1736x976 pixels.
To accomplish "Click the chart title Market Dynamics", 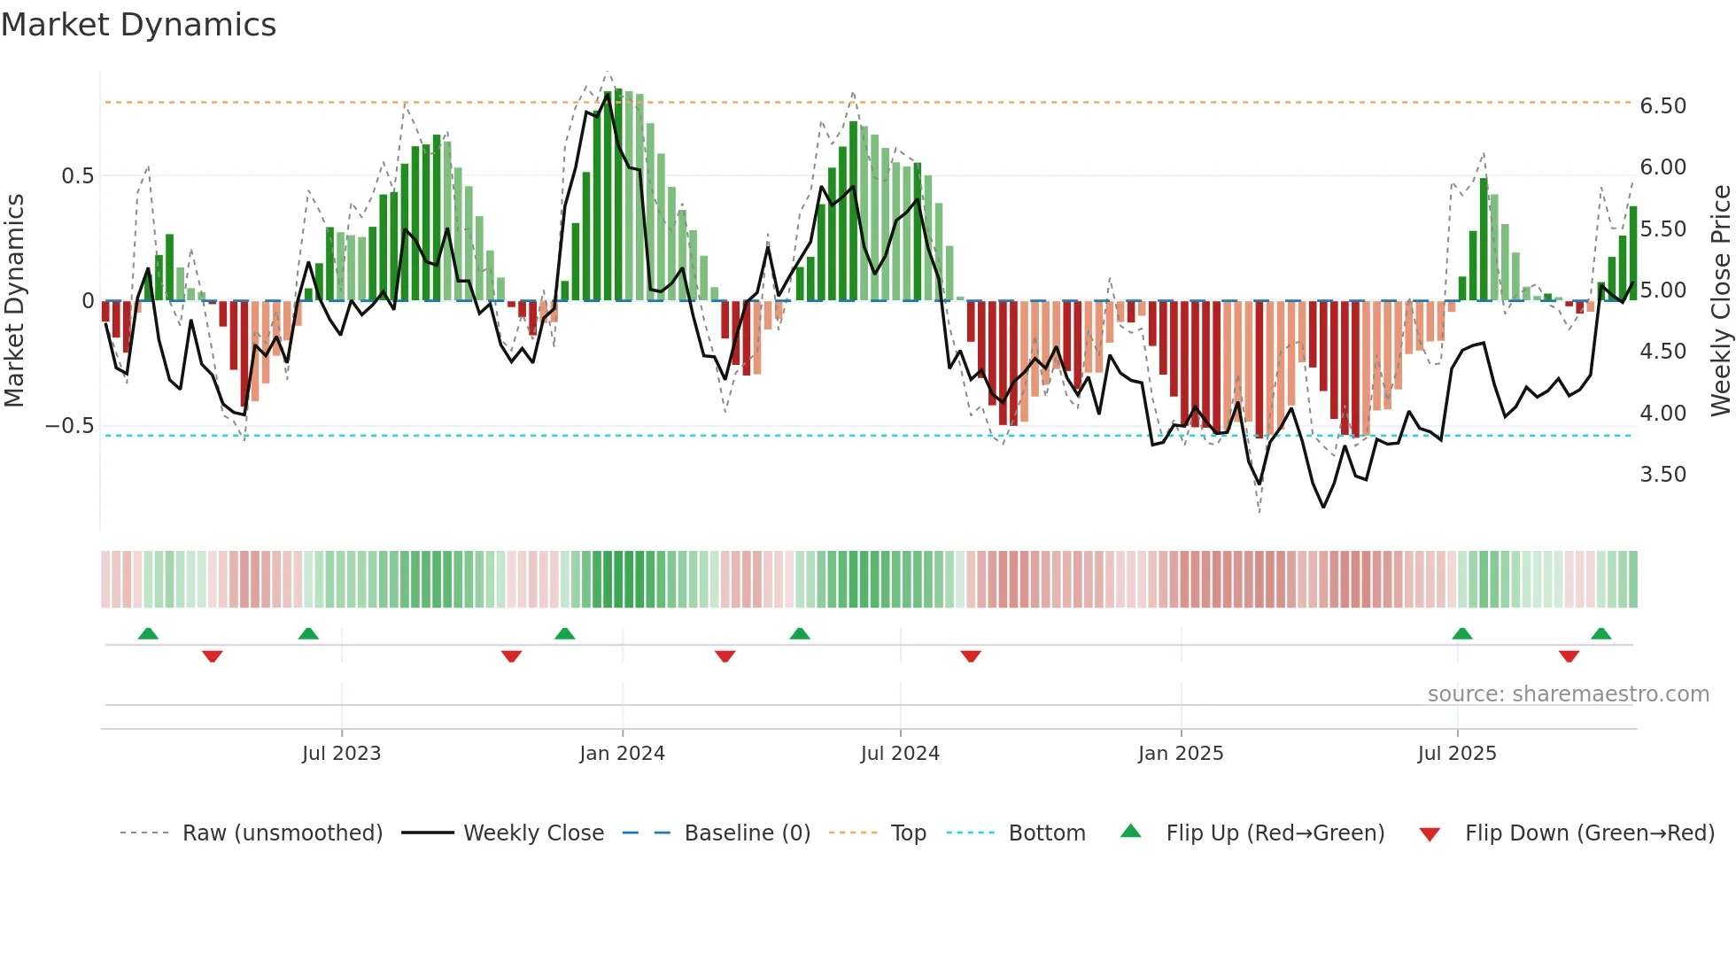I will pos(139,25).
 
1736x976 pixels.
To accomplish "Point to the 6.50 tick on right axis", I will pos(1662,106).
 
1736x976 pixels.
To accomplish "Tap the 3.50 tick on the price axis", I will pos(1662,475).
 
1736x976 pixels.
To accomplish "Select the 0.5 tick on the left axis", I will pos(77,176).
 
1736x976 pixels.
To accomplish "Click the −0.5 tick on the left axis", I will pos(70,426).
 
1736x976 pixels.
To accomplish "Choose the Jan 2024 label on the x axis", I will pos(622,754).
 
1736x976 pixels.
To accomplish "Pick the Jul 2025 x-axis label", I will pos(1456,754).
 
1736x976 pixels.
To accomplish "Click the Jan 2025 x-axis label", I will pos(1180,754).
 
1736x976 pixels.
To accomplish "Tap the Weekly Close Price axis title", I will pos(1720,301).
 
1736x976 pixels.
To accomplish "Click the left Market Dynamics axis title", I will pos(15,301).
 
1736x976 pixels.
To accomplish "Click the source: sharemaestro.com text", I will pos(1568,694).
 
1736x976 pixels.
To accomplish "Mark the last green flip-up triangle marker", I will pos(1600,634).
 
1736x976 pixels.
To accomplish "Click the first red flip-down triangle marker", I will pos(212,656).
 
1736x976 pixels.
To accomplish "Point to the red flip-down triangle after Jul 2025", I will pos(1569,656).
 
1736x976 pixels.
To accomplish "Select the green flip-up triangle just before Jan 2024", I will pos(564,634).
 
